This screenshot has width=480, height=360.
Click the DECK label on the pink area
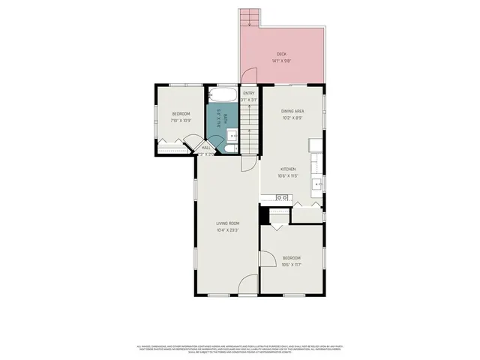tap(281, 54)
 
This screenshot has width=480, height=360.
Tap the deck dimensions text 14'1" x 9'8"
tap(281, 61)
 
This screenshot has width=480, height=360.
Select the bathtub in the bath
tap(223, 96)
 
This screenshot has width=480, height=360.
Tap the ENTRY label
tap(249, 93)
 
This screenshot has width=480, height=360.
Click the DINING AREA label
tap(292, 111)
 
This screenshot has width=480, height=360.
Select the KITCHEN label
tap(289, 169)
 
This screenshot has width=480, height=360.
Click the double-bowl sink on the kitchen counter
tap(282, 197)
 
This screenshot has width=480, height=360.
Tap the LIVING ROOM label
tap(228, 223)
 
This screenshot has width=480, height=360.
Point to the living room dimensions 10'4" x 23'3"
tap(228, 229)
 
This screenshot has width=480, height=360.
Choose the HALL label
tap(206, 148)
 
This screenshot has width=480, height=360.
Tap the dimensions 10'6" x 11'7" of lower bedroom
tap(292, 265)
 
